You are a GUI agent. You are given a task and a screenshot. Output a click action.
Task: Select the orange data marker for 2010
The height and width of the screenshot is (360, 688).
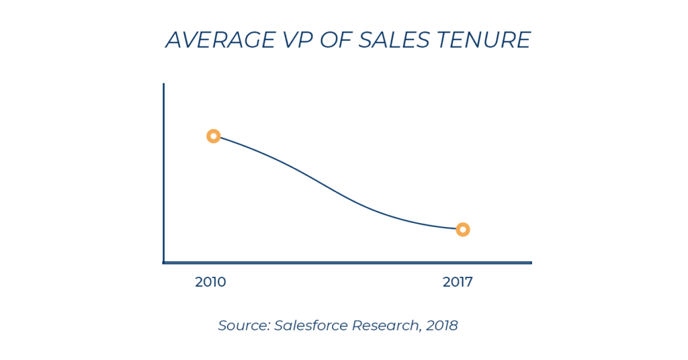point(213,136)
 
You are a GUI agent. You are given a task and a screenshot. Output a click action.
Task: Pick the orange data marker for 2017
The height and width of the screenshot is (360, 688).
point(462,230)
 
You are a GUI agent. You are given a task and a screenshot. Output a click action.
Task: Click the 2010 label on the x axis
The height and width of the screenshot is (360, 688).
point(210,282)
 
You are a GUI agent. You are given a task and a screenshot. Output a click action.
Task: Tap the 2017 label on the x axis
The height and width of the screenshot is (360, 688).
point(458,282)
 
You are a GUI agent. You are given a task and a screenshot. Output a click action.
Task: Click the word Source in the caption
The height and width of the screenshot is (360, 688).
point(243,326)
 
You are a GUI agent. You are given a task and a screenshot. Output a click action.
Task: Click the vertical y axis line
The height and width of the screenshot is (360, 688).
point(163,175)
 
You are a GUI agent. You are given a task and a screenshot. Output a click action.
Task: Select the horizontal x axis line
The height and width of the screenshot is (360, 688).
point(349,263)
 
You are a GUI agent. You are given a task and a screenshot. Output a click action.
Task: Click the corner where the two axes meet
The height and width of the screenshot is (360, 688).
point(163,263)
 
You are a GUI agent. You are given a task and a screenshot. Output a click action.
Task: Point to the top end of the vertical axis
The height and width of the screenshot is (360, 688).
point(163,85)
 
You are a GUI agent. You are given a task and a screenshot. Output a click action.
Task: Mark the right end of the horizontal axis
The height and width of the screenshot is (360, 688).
point(530,263)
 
